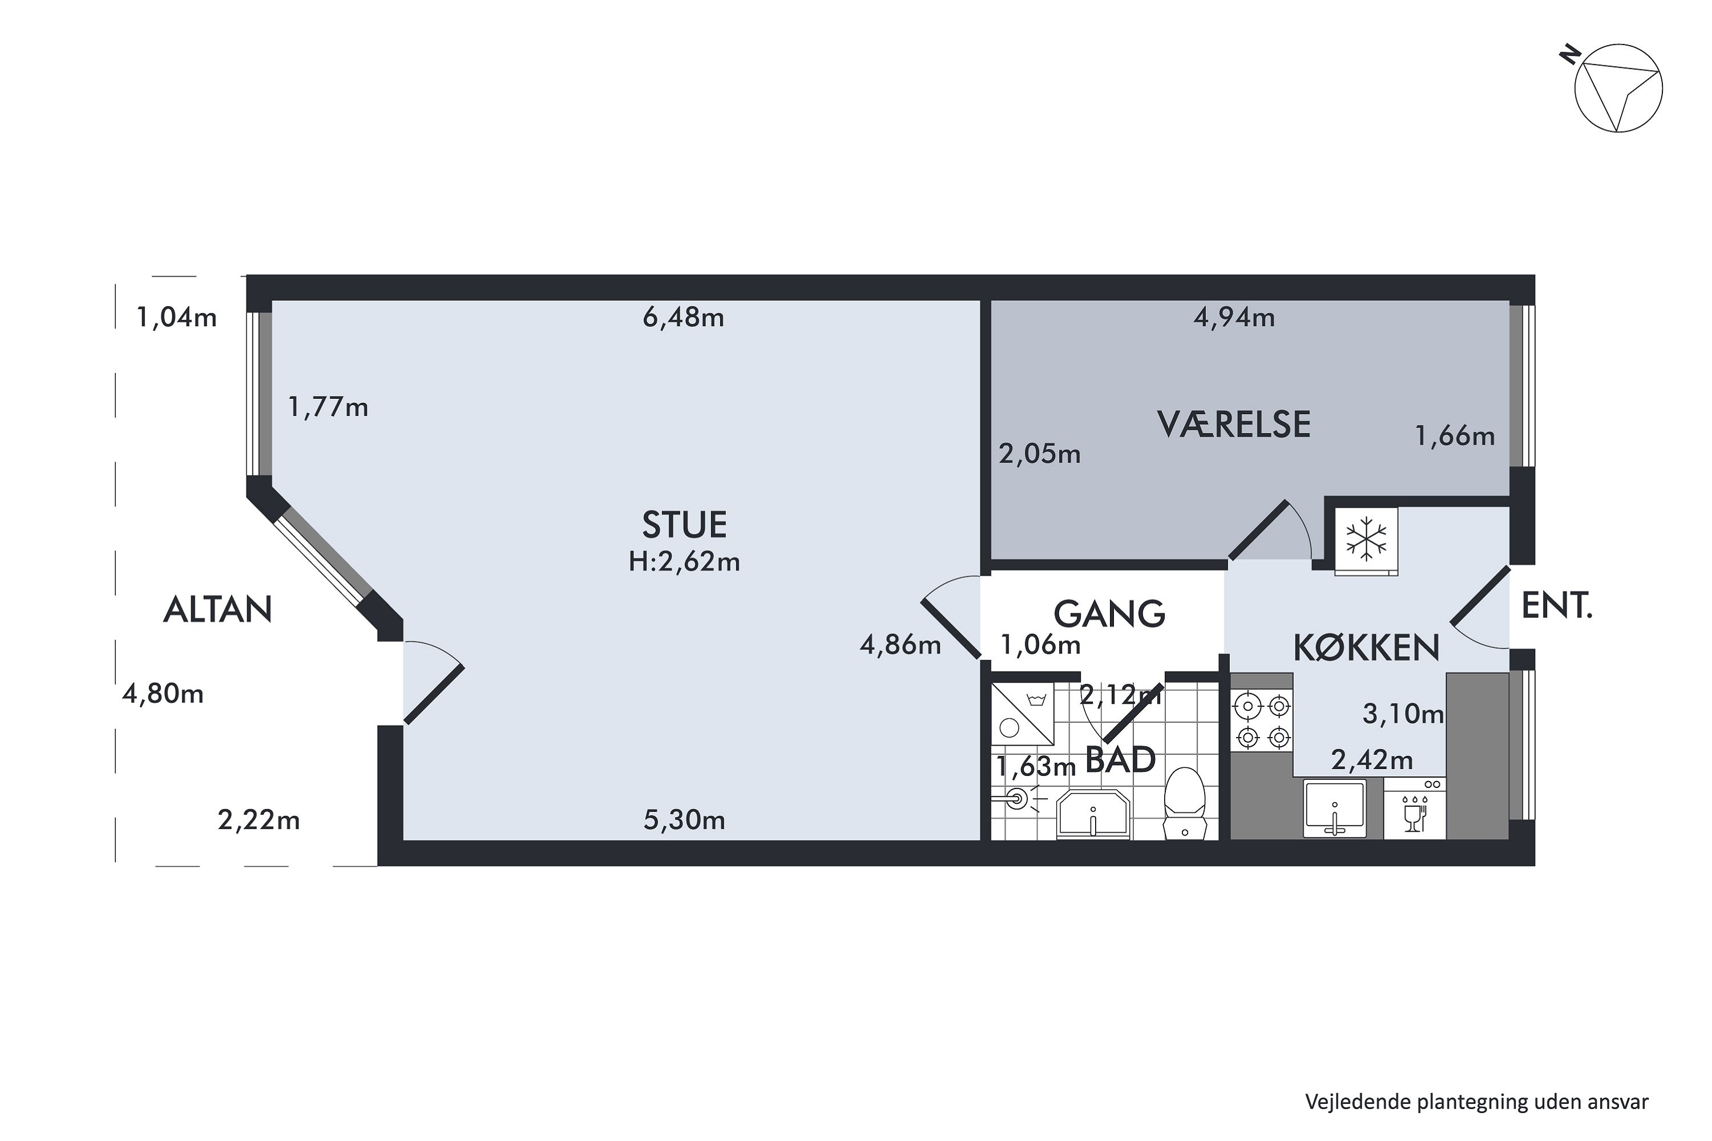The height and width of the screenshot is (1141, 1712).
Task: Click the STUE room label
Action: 684,525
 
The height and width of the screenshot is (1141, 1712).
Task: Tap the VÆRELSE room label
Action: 1234,424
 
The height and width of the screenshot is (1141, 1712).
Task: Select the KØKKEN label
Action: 1366,648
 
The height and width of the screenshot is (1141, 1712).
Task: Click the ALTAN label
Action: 217,609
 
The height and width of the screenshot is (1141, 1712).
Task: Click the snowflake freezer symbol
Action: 1366,539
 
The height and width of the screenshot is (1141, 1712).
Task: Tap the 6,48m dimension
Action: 684,317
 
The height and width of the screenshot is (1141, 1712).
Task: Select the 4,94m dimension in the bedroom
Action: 1234,317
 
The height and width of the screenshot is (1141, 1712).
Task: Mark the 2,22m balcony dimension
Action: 259,820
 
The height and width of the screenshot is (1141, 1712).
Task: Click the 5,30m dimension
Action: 684,820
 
